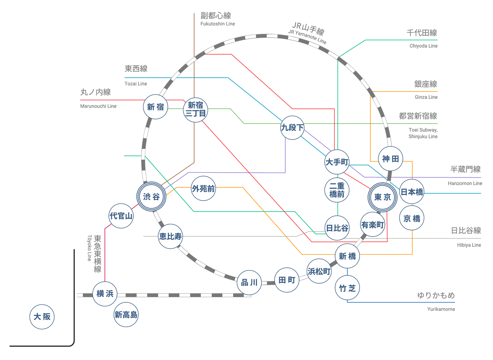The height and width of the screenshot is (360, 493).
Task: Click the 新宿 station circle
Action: click(x=155, y=107)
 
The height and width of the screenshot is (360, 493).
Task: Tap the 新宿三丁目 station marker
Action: click(x=195, y=109)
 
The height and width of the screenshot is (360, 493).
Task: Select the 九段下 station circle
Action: click(x=292, y=127)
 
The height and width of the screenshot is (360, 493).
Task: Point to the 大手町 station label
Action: click(x=337, y=162)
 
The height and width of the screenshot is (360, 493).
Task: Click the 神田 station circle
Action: click(x=391, y=159)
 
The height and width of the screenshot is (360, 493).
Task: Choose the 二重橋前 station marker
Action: click(x=337, y=190)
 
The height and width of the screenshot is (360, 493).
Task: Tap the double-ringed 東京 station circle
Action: click(x=382, y=197)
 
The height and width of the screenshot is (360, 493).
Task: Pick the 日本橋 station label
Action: click(x=412, y=192)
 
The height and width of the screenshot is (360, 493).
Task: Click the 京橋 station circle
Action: click(x=412, y=219)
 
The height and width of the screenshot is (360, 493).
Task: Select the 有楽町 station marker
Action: click(x=372, y=225)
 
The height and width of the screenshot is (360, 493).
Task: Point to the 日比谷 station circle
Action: click(x=337, y=228)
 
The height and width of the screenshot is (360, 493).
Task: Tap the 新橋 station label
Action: click(x=347, y=256)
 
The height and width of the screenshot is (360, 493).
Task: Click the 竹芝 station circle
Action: click(x=347, y=288)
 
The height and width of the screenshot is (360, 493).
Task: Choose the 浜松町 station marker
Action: click(x=319, y=271)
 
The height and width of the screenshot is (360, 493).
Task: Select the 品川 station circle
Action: click(x=249, y=282)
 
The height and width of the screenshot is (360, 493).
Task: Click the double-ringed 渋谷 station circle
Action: click(x=151, y=197)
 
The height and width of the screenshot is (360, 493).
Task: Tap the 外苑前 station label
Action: click(x=203, y=189)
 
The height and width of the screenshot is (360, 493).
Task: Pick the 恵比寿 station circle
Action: click(x=170, y=236)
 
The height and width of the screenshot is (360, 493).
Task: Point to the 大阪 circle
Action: click(x=42, y=317)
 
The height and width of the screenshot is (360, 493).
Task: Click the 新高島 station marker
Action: click(x=126, y=315)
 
